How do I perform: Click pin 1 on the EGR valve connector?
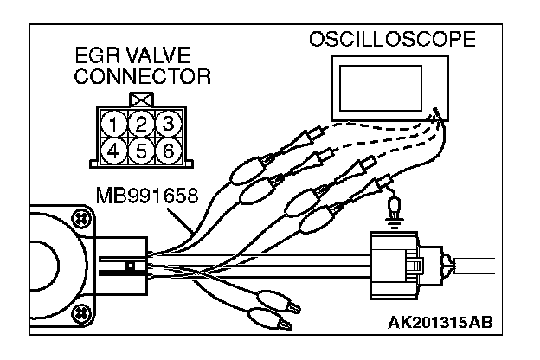click(x=113, y=124)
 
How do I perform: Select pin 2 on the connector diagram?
click(x=141, y=124)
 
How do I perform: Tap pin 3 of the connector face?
click(x=169, y=124)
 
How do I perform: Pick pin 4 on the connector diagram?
click(x=113, y=151)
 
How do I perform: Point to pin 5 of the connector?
click(x=141, y=151)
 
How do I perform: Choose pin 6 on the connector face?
click(x=169, y=151)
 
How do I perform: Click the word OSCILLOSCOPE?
click(x=392, y=39)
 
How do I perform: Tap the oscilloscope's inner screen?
click(x=381, y=88)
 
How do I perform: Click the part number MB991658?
click(x=147, y=196)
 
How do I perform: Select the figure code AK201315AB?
click(x=440, y=323)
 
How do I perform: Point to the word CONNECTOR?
click(x=142, y=76)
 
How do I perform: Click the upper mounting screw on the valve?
click(x=80, y=218)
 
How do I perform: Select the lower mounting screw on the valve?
click(x=80, y=312)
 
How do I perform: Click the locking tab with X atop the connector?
click(x=141, y=100)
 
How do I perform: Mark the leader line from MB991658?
click(x=179, y=221)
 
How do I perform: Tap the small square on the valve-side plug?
click(x=130, y=266)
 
